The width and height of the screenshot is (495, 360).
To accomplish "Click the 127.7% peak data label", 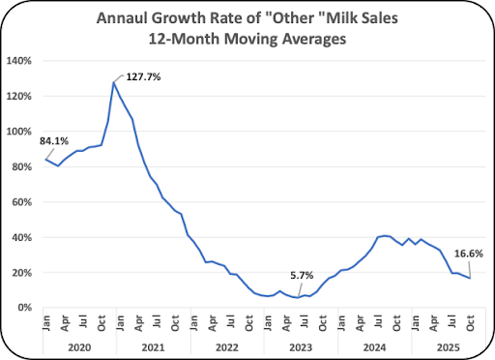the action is tap(143, 77).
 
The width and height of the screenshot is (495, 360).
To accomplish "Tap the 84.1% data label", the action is tap(54, 141).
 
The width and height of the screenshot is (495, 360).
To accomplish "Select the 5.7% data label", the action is tap(302, 276).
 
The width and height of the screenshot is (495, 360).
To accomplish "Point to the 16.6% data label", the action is tap(469, 254).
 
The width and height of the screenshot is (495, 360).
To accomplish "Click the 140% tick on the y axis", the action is tap(19, 61).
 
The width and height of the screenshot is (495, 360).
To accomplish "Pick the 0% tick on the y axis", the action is tap(24, 308).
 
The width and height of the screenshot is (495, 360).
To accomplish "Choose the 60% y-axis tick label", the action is tap(21, 202).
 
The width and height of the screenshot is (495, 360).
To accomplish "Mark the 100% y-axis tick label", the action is tap(19, 132).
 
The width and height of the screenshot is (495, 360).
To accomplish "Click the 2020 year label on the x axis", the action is tap(79, 347).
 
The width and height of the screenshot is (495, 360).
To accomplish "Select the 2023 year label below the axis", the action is tap(301, 347).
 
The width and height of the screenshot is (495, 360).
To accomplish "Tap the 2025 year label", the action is tap(449, 347).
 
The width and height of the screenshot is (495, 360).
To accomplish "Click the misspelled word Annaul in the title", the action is tap(122, 18).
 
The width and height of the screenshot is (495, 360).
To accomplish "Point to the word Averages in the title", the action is tap(314, 39).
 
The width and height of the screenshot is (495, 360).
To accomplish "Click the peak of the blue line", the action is tap(114, 82).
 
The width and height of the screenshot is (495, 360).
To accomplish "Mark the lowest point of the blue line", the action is tap(298, 297).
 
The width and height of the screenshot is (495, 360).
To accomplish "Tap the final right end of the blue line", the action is tap(470, 279).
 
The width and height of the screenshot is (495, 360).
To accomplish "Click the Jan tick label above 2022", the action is tap(193, 322).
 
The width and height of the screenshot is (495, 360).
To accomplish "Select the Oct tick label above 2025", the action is tap(470, 323).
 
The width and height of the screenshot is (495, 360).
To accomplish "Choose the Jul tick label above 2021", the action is tap(157, 322).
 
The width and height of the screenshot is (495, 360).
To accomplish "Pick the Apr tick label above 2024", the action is tap(360, 323).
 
